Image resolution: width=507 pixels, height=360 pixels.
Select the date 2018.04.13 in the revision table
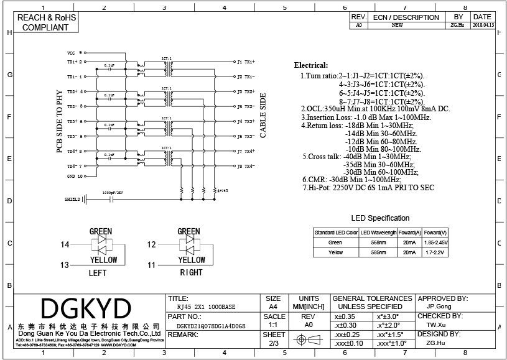(483, 25)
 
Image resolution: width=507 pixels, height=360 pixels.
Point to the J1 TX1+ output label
(246, 62)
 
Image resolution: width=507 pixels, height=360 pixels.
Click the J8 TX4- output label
(246, 166)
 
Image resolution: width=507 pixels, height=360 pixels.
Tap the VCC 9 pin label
(75, 53)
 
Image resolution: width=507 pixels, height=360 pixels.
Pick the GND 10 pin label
(75, 176)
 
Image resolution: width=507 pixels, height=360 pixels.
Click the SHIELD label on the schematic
(73, 200)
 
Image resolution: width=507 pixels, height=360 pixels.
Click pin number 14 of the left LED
(65, 245)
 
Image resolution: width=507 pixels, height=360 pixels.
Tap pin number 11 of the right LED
(151, 265)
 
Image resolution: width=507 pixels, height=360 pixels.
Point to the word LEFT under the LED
(98, 273)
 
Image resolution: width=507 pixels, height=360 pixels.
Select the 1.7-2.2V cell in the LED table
(435, 252)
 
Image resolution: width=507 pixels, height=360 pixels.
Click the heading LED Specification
(381, 218)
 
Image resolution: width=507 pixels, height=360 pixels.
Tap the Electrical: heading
(311, 65)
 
